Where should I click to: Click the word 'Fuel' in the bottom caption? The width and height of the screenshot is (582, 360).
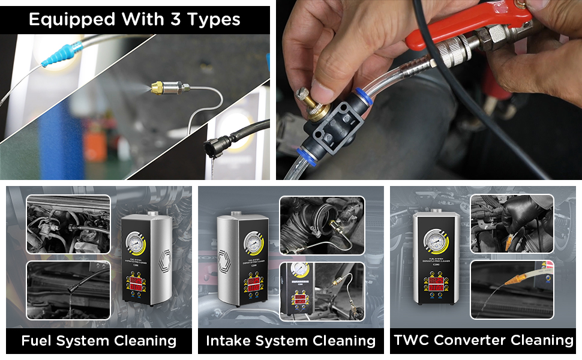(x=38, y=341)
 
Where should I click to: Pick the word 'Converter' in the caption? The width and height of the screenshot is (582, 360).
(x=470, y=340)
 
